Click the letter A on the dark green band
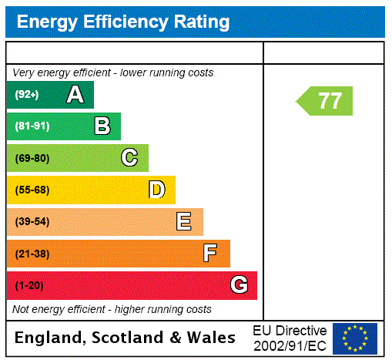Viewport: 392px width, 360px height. pos(75,95)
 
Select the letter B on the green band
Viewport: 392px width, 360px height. pos(102,126)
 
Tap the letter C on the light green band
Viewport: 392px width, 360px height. pos(129,158)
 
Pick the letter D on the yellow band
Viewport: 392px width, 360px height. pos(157,190)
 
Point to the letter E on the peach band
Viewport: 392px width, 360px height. pos(184,222)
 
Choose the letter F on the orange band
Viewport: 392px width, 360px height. pos(210,254)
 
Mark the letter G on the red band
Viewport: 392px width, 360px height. pos(239,285)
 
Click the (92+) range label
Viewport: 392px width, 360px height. pos(27,95)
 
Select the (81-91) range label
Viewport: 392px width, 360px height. pos(32,126)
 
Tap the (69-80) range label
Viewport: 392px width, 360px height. pos(32,158)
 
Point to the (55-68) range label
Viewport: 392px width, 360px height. pos(32,190)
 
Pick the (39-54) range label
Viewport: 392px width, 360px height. pos(32,222)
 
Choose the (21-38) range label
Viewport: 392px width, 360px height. pos(32,254)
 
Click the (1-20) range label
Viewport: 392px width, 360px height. pos(29,286)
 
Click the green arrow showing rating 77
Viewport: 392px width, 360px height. pos(326,101)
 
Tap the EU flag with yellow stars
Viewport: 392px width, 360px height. pos(354,338)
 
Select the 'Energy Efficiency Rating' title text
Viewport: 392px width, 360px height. pos(123,22)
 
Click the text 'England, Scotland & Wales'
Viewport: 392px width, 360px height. pos(126,338)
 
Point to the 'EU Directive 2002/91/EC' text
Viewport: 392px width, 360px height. pos(290,338)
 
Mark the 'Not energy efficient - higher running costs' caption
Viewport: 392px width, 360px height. pos(112,309)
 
